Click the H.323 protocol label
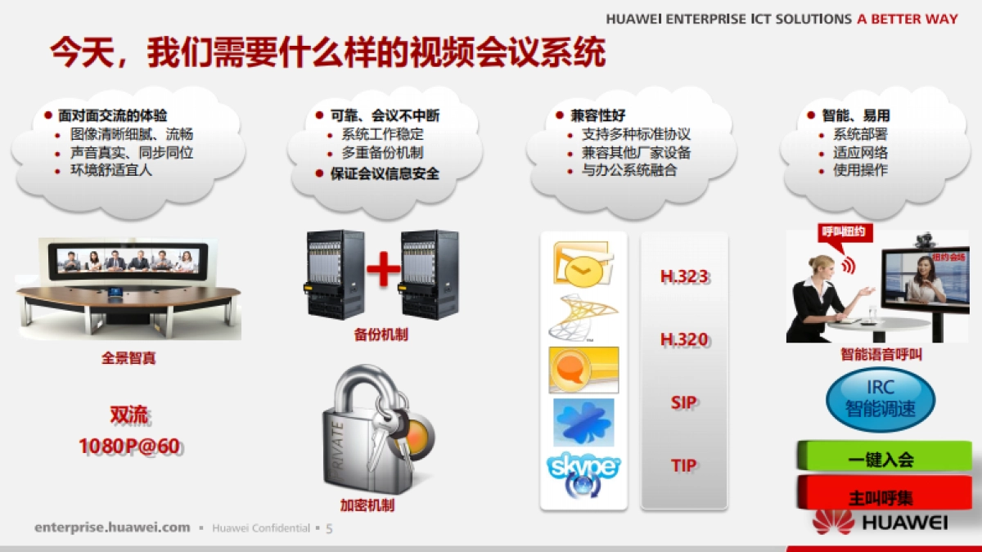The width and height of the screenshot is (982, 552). [684, 276]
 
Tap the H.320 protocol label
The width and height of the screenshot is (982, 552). [684, 339]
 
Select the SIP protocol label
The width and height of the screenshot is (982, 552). [684, 402]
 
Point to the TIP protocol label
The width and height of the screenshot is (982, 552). [684, 465]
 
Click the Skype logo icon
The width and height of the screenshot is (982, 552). [583, 473]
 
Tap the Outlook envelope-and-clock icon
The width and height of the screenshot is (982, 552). [583, 263]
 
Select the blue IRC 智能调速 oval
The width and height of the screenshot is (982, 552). [881, 398]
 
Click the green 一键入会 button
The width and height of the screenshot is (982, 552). [883, 458]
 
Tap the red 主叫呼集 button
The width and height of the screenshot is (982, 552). [882, 496]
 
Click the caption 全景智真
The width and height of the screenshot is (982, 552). [128, 357]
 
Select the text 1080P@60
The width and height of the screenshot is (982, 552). [129, 447]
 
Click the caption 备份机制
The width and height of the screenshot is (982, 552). [381, 334]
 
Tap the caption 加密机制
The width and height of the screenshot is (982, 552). [367, 505]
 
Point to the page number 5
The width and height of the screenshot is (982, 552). [329, 528]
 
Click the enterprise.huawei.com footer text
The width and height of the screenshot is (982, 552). [112, 527]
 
